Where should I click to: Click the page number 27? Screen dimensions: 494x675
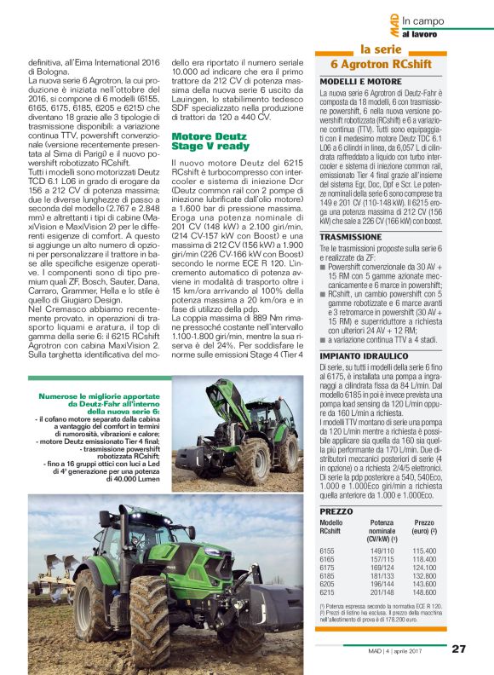[459, 649]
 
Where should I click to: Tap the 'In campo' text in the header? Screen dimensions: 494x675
[423, 20]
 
